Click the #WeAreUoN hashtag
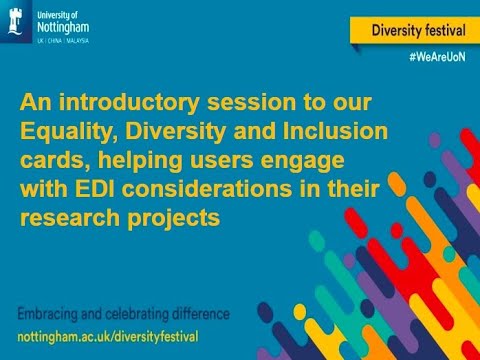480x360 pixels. tap(437, 61)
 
